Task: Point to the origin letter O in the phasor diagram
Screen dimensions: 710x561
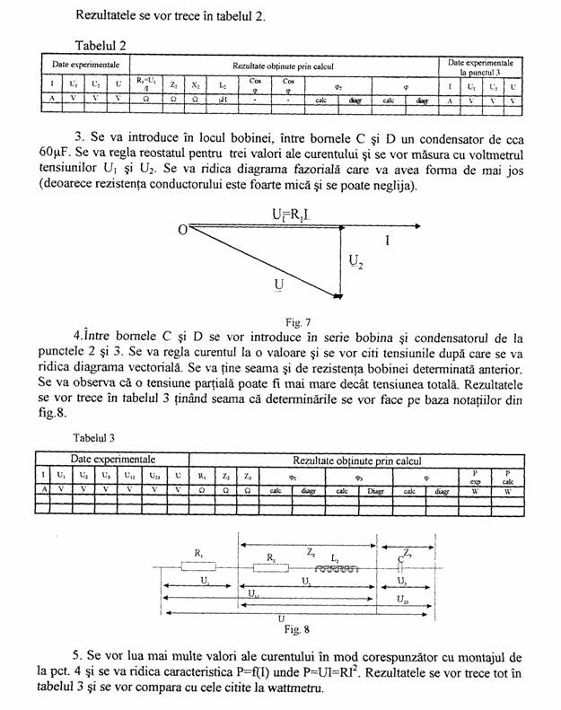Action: [x=181, y=231]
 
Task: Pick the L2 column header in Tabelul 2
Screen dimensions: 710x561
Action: [x=223, y=85]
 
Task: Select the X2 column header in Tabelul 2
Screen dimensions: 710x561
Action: [x=197, y=85]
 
